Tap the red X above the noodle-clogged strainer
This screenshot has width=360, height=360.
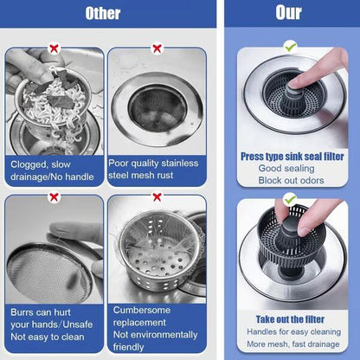tap(54, 48)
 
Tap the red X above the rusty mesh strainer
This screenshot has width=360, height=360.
tap(157, 48)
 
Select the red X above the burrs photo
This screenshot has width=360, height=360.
tap(54, 196)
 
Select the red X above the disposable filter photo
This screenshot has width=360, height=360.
tap(157, 196)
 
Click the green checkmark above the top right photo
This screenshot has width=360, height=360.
tap(291, 45)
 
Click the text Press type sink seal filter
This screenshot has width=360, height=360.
tap(292, 156)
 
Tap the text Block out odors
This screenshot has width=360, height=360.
tap(292, 180)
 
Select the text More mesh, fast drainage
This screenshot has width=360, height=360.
tap(292, 344)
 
